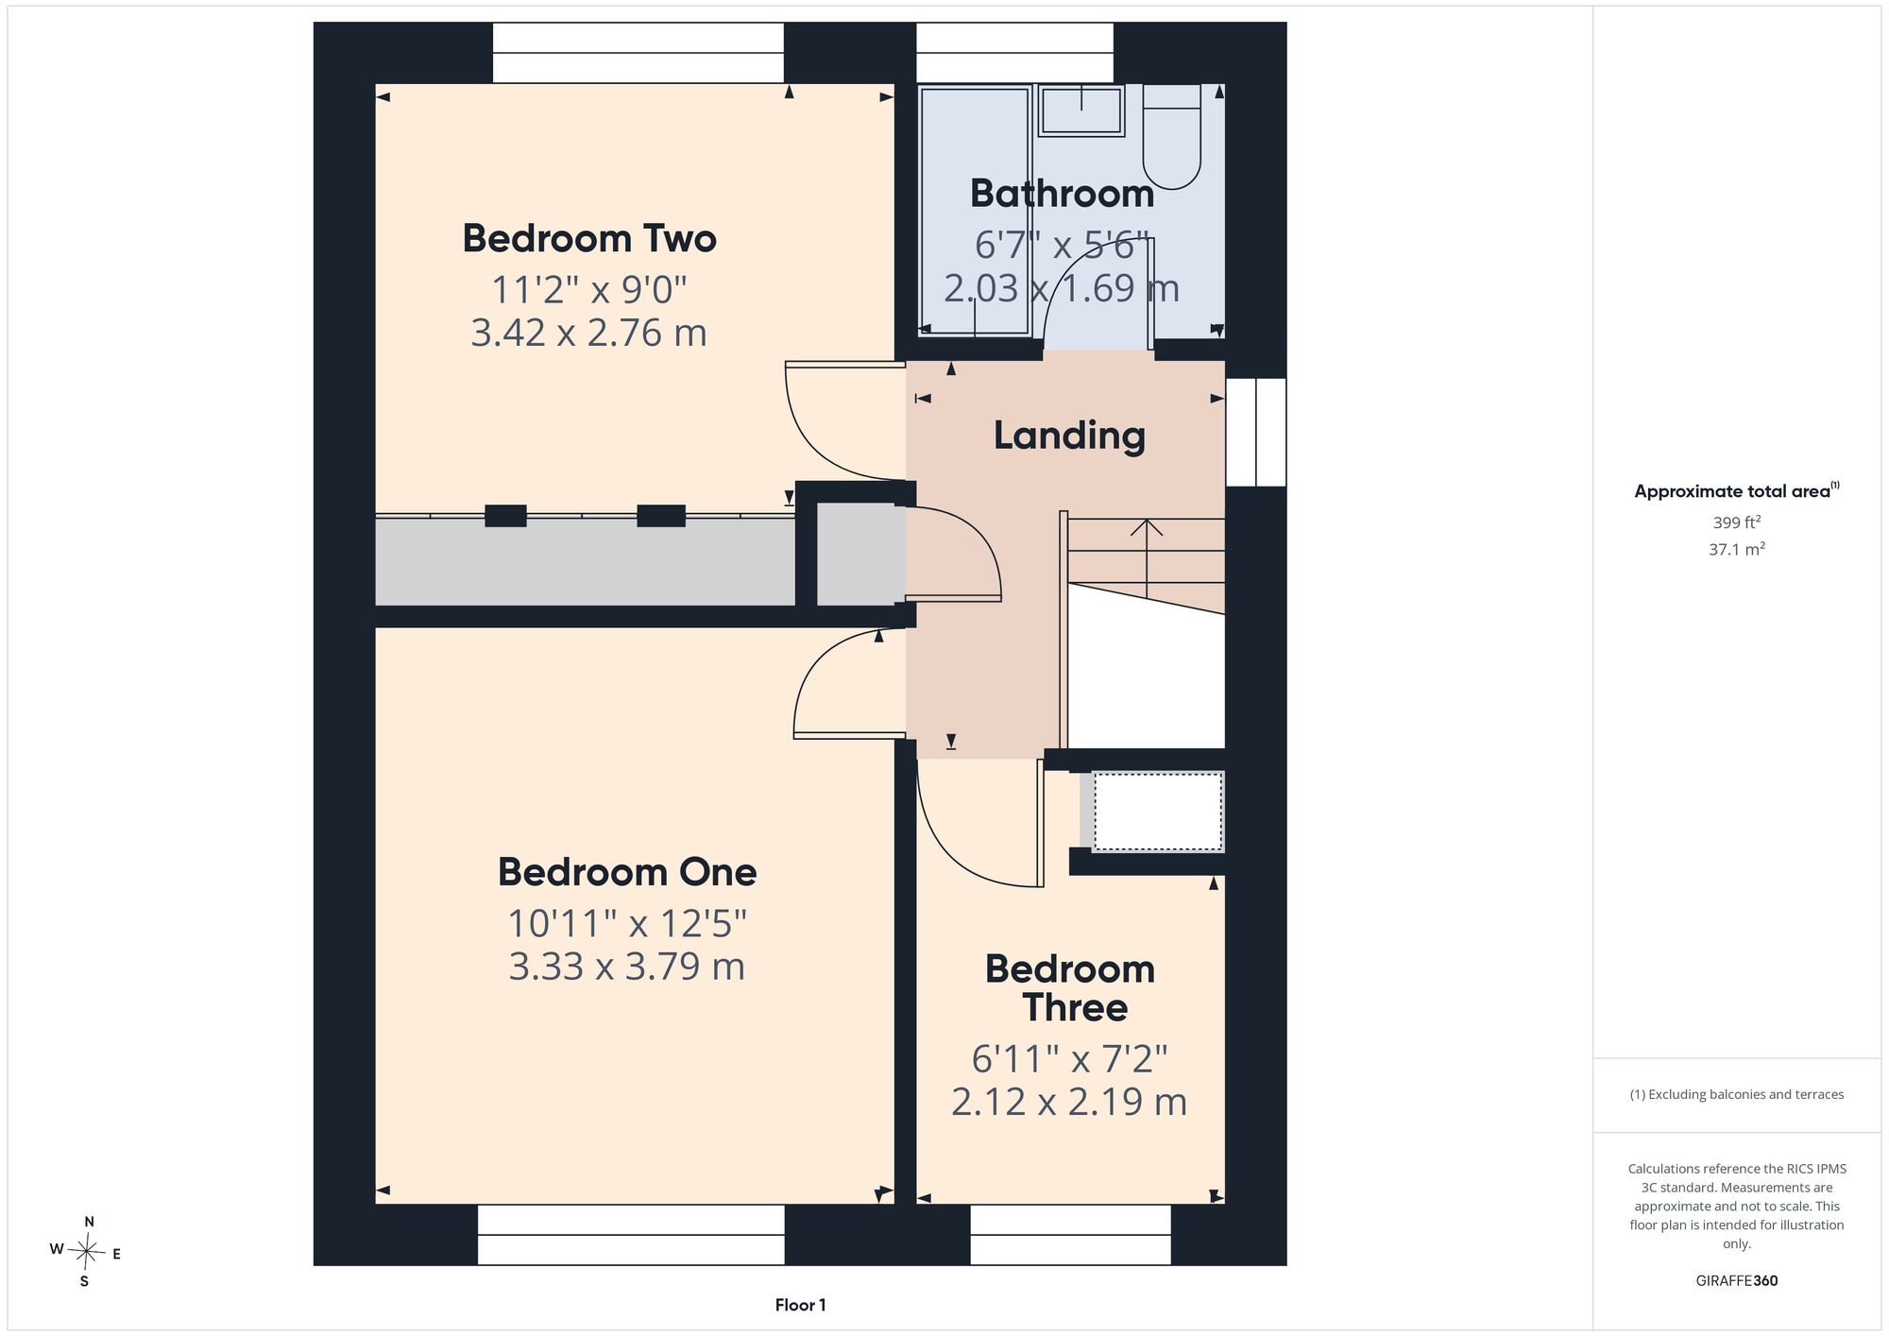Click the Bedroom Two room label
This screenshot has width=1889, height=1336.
(x=589, y=238)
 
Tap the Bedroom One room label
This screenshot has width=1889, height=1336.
(x=627, y=872)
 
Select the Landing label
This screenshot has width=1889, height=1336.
(x=1069, y=436)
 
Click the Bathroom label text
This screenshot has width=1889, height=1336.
(x=1063, y=194)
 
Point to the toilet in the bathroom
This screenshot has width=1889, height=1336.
(x=1172, y=136)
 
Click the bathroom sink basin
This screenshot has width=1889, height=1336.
(x=1081, y=111)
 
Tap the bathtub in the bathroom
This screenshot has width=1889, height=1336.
(x=975, y=210)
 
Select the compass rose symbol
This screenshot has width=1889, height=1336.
(x=86, y=1252)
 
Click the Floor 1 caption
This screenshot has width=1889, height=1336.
(x=800, y=1305)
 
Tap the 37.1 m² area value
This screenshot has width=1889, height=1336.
(x=1736, y=549)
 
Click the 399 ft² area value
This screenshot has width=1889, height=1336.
(x=1736, y=522)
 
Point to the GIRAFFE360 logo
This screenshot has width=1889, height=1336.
(x=1737, y=1281)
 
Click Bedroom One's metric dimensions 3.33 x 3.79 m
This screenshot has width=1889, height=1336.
(x=627, y=967)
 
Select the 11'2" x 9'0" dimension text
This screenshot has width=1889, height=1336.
(x=589, y=289)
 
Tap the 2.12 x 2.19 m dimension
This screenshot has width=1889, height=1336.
(x=1069, y=1102)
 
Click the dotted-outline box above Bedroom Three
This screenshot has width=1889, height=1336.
(x=1158, y=811)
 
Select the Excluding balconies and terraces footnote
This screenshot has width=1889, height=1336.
(x=1737, y=1094)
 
